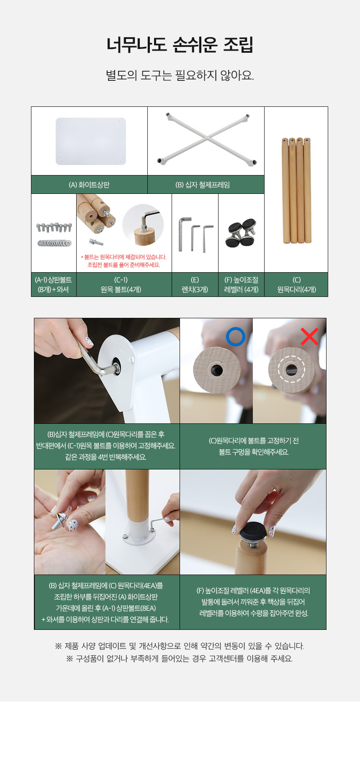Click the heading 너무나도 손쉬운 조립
(180, 44)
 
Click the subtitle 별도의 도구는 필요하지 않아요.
(180, 75)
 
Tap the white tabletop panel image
(91, 141)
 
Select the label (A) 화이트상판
(89, 185)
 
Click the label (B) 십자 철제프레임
(203, 185)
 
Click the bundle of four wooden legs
(296, 190)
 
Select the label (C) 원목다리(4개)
(296, 285)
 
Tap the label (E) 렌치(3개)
(195, 285)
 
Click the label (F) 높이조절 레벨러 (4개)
(242, 285)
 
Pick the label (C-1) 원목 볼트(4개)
(121, 285)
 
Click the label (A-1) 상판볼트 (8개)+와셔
(53, 285)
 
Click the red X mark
(309, 336)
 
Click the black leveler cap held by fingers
(253, 531)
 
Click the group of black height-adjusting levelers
(241, 233)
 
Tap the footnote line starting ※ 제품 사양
(180, 646)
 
